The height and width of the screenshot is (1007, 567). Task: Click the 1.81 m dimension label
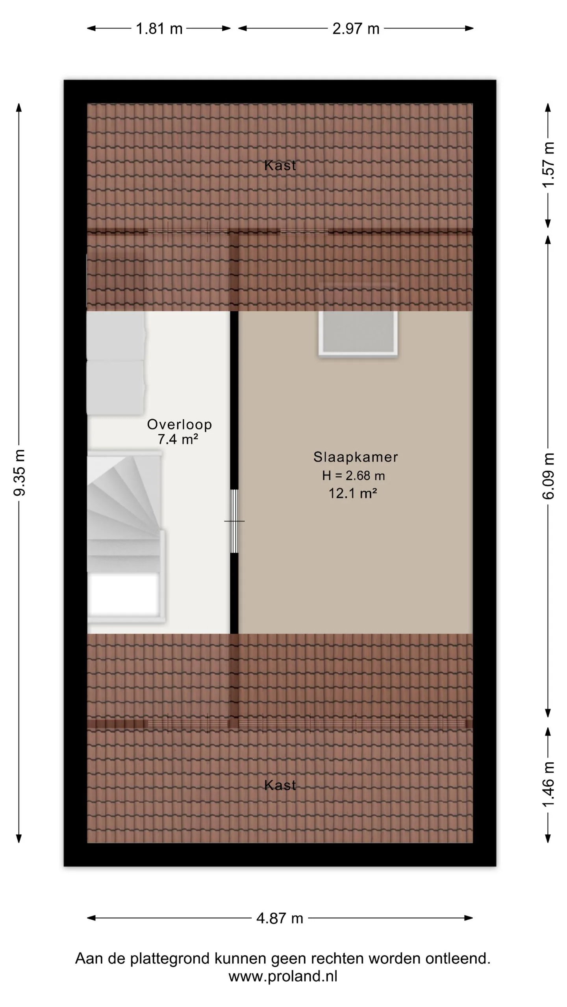click(159, 29)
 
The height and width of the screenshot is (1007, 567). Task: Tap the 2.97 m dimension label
click(356, 29)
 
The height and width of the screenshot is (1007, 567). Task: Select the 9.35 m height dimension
click(19, 472)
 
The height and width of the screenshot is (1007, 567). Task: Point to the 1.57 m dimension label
click(548, 165)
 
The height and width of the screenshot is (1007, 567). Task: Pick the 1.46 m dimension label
click(548, 784)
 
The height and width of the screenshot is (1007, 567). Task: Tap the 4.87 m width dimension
click(280, 918)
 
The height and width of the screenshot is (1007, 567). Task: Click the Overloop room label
click(180, 424)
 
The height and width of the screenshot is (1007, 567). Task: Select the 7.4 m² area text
click(178, 439)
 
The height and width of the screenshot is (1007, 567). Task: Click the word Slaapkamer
click(356, 457)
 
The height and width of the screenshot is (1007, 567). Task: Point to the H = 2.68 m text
click(353, 476)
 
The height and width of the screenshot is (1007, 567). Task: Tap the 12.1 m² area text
click(353, 493)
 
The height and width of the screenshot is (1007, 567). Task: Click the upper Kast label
click(280, 165)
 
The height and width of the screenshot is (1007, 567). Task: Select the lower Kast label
click(280, 785)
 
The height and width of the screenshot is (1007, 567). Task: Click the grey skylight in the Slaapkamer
click(358, 334)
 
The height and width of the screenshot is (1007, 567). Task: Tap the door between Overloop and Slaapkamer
click(234, 521)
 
